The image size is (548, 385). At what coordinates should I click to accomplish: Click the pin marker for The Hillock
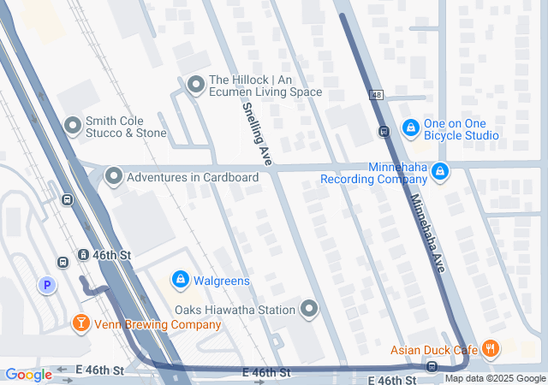point(196,84)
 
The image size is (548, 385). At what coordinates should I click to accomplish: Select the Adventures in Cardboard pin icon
point(113,177)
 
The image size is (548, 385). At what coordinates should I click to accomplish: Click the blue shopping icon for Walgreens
point(181,280)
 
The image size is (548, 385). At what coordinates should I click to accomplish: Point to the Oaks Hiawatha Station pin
point(308,309)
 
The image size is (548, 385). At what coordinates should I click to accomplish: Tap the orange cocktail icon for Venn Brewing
point(80,323)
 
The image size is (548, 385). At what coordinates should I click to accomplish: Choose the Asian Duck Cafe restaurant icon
point(491,348)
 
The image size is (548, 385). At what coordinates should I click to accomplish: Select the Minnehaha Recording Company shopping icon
point(440,172)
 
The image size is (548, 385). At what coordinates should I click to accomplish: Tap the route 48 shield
point(376,94)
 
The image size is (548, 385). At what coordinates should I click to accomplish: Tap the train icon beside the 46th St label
point(83,255)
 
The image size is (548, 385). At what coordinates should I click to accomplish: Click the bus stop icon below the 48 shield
point(384,132)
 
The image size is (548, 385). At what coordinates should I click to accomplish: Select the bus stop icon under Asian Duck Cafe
point(432,367)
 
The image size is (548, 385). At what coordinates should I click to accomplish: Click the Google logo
point(28,375)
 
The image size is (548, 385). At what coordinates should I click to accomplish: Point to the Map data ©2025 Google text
point(495,379)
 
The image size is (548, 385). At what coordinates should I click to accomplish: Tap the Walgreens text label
point(222,281)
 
